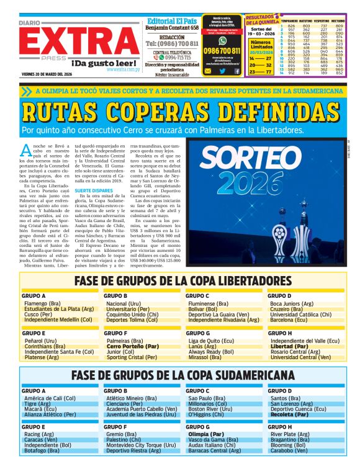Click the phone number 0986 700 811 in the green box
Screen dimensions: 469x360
[222, 50]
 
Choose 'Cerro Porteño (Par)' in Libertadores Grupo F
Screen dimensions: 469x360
[133, 347]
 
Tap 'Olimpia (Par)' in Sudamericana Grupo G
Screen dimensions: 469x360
[207, 435]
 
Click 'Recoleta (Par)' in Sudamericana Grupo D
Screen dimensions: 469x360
[289, 415]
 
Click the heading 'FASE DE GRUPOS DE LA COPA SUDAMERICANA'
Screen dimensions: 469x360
[182, 375]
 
